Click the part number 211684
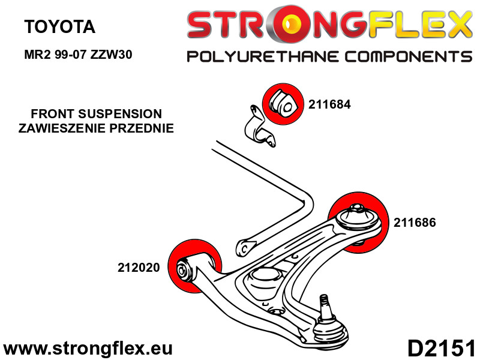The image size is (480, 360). (x=329, y=104)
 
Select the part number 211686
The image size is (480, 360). (x=415, y=222)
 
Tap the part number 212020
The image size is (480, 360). (x=139, y=268)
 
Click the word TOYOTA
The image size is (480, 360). (x=59, y=26)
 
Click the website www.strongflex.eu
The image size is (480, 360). (x=88, y=348)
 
